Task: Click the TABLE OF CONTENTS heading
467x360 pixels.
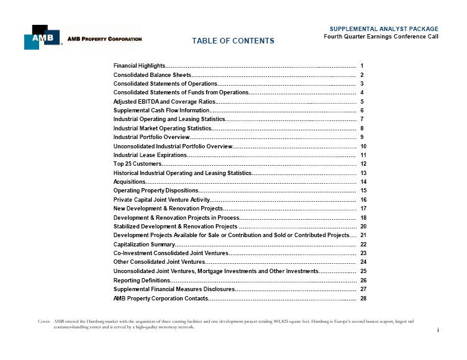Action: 233,41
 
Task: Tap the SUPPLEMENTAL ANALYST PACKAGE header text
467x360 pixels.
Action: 384,29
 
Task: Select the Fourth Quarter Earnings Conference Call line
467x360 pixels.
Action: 381,36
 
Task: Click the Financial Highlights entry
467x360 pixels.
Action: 139,65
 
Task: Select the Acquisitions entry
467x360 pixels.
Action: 129,182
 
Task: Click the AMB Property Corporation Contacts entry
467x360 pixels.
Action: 160,299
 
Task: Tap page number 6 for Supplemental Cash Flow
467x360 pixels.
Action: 362,110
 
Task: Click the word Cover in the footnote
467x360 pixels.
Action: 44,322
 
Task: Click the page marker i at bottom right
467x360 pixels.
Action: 438,330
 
